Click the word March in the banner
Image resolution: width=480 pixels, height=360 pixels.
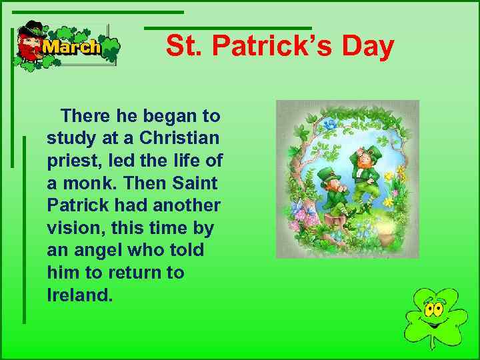[71, 47]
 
